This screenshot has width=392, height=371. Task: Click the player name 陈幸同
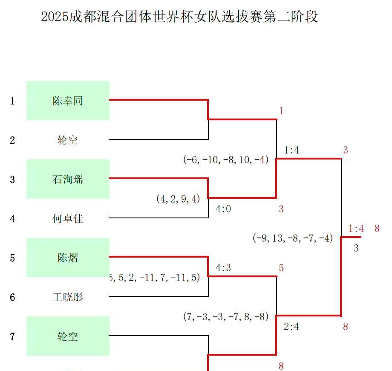[x=67, y=101]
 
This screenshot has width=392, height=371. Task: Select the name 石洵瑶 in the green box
[x=67, y=180]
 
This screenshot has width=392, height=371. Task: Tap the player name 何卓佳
[x=67, y=219]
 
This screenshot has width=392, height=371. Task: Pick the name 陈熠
[x=67, y=258]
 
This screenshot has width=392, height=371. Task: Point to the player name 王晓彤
[x=67, y=297]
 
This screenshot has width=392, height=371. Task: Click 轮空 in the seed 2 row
[x=67, y=140]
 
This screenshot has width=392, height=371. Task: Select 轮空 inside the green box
[x=67, y=336]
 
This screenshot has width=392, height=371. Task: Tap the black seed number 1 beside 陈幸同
[x=13, y=101]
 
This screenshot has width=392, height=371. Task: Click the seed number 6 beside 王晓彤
[x=13, y=297]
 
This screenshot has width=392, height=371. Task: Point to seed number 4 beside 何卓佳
[x=13, y=219]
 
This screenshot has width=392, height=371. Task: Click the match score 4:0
[x=223, y=209]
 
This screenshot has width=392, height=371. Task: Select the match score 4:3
[x=223, y=268]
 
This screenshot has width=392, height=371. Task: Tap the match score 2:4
[x=291, y=327]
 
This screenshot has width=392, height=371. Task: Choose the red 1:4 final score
[x=356, y=229]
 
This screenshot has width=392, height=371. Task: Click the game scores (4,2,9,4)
[x=178, y=199]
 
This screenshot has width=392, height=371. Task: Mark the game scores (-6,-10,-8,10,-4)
[x=226, y=159]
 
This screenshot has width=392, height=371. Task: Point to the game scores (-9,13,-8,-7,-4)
[x=292, y=238]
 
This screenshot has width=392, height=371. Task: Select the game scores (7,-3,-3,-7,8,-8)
[x=226, y=316]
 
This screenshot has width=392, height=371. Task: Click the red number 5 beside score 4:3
[x=281, y=268]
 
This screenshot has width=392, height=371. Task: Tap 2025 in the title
[x=55, y=17]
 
